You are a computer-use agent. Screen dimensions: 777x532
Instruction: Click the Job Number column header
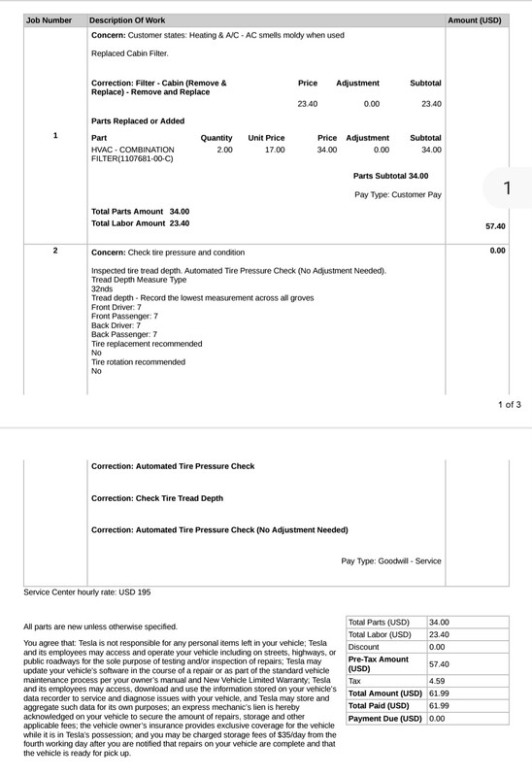49,19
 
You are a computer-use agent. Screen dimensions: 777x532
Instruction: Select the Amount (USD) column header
475,19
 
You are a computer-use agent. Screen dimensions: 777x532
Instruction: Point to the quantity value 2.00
223,150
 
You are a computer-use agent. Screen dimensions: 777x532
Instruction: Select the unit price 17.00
275,150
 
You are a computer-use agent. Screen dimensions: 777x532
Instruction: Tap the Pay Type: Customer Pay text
398,195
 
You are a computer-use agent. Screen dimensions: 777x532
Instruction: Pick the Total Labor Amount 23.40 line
140,223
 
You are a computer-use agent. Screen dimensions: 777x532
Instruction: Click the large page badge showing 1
507,188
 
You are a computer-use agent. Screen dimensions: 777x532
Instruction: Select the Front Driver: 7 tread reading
116,307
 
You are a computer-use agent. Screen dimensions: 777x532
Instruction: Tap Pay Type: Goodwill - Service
391,561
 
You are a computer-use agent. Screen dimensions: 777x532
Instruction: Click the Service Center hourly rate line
87,591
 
